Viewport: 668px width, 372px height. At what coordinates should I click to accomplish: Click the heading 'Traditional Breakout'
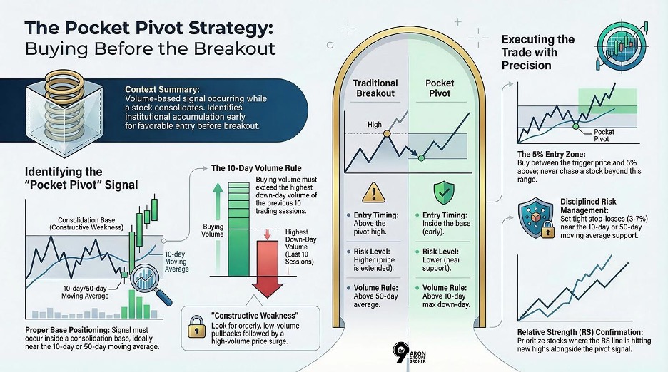tap(375, 88)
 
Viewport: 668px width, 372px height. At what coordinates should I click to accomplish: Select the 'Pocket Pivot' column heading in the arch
tap(440, 88)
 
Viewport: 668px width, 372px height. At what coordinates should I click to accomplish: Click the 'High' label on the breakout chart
tap(375, 125)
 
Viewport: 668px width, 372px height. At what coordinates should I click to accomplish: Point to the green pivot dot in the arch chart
tap(421, 157)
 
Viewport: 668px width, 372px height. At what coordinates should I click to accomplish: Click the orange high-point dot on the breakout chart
tap(386, 133)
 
